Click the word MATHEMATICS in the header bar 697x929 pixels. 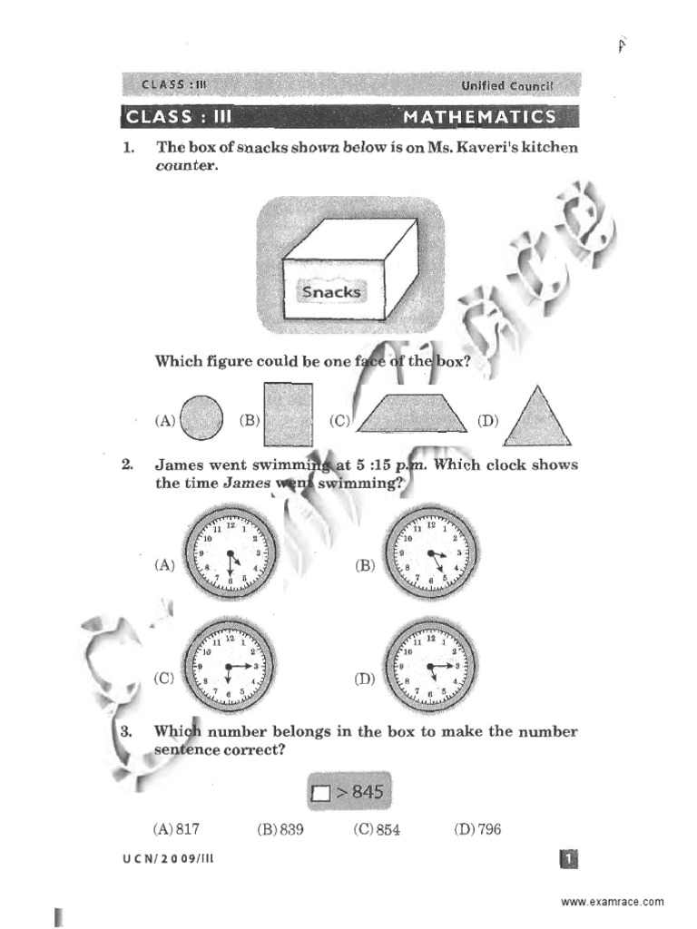[x=479, y=117]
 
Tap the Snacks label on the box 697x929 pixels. [x=330, y=291]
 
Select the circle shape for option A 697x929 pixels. [x=201, y=419]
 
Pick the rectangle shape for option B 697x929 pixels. [x=288, y=414]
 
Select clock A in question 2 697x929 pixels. [x=230, y=552]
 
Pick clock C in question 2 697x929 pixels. [x=230, y=666]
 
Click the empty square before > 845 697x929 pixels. [x=319, y=794]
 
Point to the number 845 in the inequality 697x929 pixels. [x=367, y=792]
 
